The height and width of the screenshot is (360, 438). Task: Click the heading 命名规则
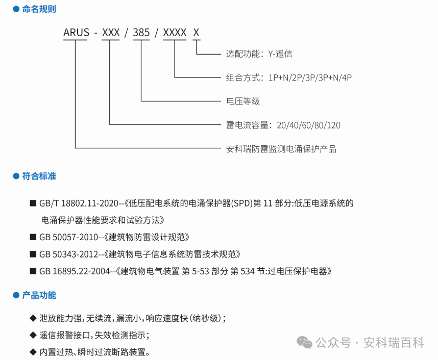click(39, 9)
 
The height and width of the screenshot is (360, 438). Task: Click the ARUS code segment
click(76, 32)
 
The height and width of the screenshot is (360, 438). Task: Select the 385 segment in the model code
click(141, 32)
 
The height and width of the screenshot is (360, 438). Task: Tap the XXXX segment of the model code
click(175, 32)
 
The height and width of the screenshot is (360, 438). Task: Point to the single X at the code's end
click(196, 32)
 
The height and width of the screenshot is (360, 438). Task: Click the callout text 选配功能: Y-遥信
click(259, 54)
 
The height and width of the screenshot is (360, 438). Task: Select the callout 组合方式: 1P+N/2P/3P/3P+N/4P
click(289, 78)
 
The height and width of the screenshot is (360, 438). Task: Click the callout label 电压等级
click(243, 101)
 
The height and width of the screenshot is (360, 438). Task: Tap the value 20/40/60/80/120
click(309, 125)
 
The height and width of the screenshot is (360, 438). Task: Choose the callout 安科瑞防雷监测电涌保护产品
click(281, 149)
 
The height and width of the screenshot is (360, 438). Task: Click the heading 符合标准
click(39, 176)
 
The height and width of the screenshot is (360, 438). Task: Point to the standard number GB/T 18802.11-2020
click(79, 203)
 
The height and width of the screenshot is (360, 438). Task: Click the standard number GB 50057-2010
click(68, 237)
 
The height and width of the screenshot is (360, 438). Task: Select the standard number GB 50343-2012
click(68, 254)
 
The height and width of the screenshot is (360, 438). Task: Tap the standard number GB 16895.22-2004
click(75, 271)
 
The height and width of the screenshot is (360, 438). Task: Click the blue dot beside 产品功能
click(16, 295)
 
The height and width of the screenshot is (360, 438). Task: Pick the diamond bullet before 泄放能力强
click(33, 318)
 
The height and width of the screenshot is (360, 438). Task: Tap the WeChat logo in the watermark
click(304, 343)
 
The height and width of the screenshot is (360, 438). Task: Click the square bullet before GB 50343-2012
click(33, 254)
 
